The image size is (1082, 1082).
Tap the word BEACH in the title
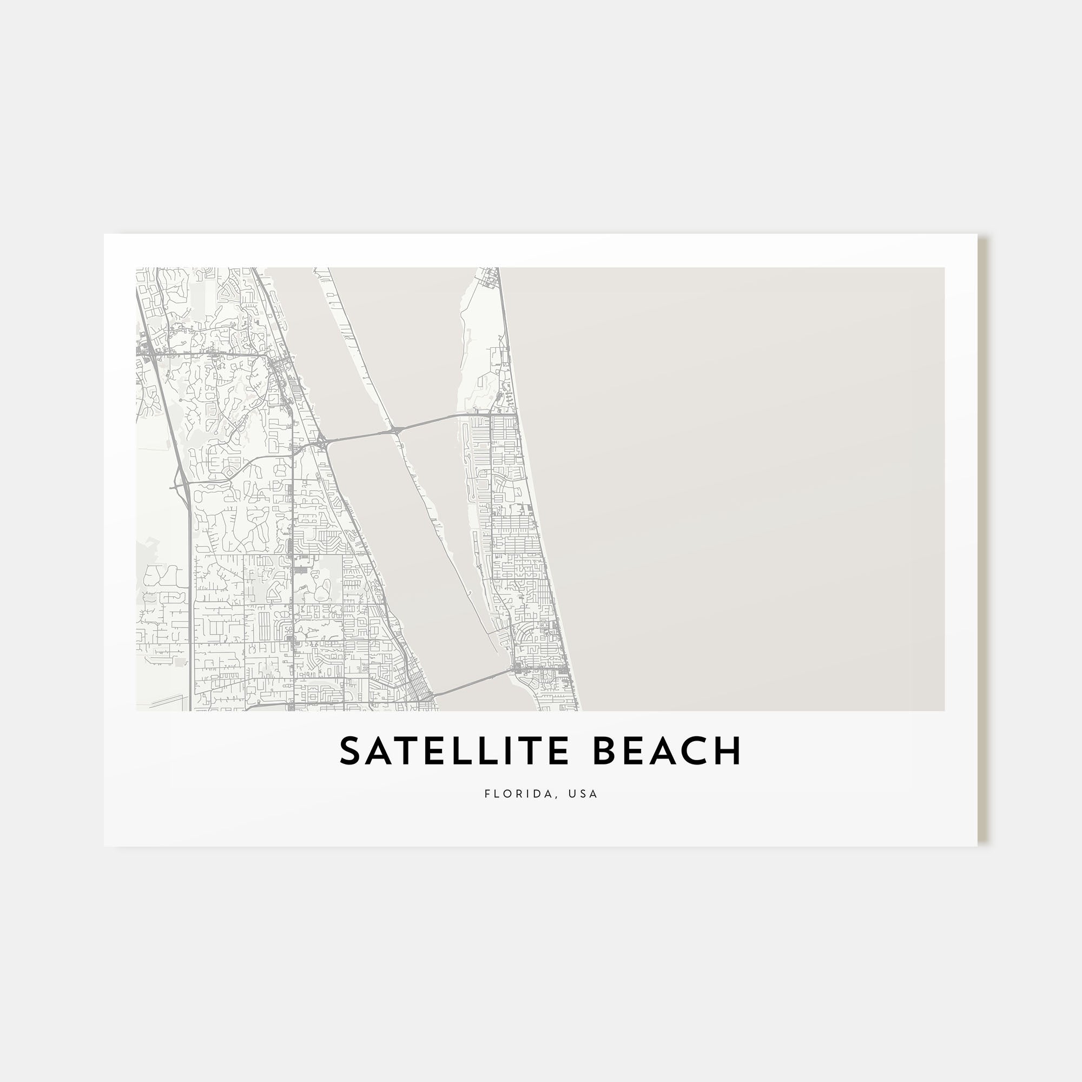click(x=667, y=751)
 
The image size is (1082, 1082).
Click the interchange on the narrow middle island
click(x=397, y=430)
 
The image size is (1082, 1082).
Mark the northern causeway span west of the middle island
click(x=359, y=436)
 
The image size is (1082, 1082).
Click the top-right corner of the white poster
click(x=977, y=235)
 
